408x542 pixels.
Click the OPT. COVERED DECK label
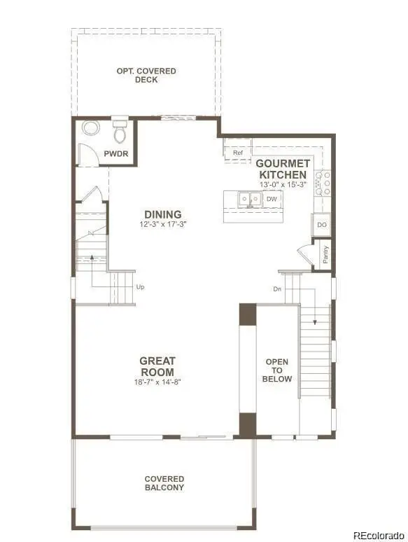click(x=146, y=76)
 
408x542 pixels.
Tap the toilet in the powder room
click(x=119, y=131)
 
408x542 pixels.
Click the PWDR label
click(x=116, y=154)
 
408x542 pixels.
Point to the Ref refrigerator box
click(x=237, y=152)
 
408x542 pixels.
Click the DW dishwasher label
click(x=272, y=199)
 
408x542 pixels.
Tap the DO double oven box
click(x=321, y=225)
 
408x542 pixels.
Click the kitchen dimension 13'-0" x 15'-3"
click(x=282, y=185)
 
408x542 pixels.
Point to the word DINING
click(x=163, y=214)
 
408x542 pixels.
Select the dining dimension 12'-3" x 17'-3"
click(x=163, y=224)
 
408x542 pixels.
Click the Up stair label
click(x=140, y=286)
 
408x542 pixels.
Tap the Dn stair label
click(x=277, y=289)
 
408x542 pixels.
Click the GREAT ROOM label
click(x=157, y=367)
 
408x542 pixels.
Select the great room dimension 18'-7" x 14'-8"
click(x=157, y=382)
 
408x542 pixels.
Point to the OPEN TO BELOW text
click(x=277, y=370)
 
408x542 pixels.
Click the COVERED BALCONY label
click(x=164, y=483)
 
